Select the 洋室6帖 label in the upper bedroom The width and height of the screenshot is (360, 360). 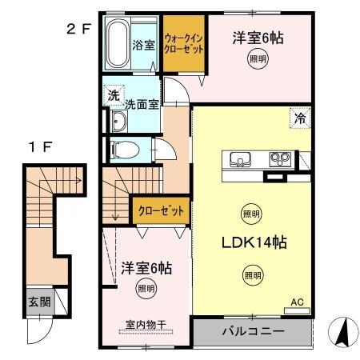[x=259, y=37]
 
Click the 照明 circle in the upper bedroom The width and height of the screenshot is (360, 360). [x=257, y=60]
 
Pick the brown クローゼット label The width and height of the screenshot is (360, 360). [x=161, y=212]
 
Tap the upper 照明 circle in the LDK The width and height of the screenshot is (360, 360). [x=250, y=214]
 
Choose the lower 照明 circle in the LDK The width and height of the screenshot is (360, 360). [x=252, y=274]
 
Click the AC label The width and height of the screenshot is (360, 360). [x=296, y=302]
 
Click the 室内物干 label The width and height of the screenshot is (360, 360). [x=145, y=325]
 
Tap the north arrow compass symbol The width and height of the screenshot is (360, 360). [x=341, y=330]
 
